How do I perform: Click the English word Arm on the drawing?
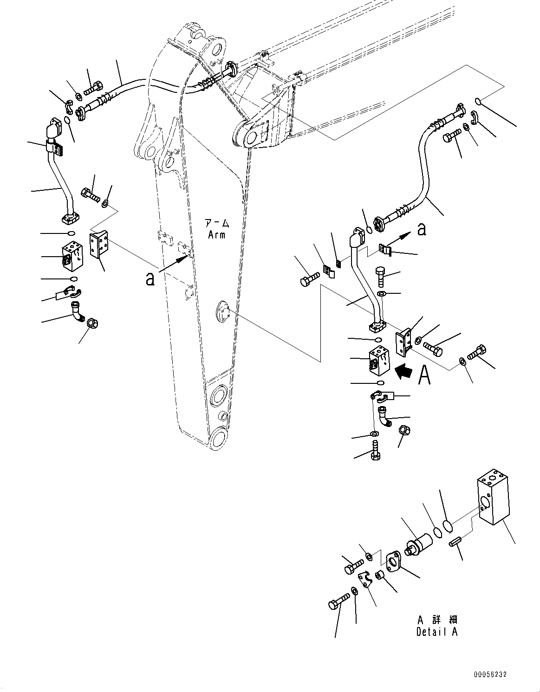coord(216,235)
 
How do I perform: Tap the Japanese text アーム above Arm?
coord(216,223)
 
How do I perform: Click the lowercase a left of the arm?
coord(150,278)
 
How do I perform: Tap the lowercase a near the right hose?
coord(422,229)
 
